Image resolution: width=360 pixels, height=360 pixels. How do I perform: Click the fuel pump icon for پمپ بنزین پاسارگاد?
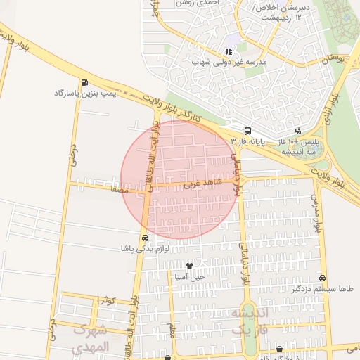(85, 82)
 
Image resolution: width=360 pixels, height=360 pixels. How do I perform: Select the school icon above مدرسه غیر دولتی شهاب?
(228, 51)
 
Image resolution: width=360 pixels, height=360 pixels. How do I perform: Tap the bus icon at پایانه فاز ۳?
(247, 131)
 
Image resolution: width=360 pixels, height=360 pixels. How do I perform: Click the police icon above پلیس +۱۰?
(300, 131)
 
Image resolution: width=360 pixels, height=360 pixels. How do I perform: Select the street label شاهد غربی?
(202, 184)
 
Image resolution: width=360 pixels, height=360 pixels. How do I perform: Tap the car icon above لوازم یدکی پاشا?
(145, 238)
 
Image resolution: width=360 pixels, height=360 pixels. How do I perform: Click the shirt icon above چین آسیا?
(189, 266)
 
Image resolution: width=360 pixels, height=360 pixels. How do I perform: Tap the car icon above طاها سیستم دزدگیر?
(322, 278)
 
